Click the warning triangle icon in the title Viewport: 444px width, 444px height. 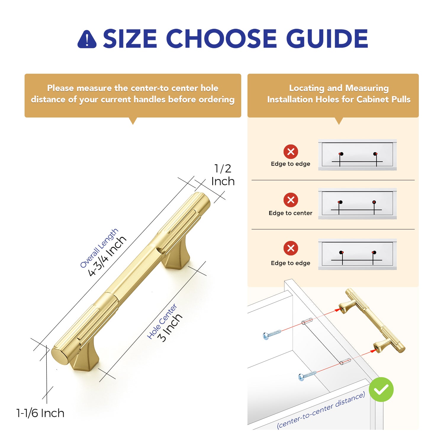coord(87,39)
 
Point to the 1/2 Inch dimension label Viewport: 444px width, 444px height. coord(223,175)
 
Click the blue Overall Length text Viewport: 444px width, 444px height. coord(99,248)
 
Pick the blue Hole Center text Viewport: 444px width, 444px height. coord(162,321)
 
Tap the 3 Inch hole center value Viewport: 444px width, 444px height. coord(170,328)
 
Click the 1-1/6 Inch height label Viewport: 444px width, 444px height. coord(40,413)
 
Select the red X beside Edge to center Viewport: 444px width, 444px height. coord(291,200)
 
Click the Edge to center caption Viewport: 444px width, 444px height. coord(290,213)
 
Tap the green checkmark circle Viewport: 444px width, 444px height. coord(381,389)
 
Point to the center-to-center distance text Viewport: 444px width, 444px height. coord(321,410)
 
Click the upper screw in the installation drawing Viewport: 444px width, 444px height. coord(272,334)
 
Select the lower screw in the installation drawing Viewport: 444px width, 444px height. coord(307,376)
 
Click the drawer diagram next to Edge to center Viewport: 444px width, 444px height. coord(357,204)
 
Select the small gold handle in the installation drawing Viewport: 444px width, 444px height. coord(372,320)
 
